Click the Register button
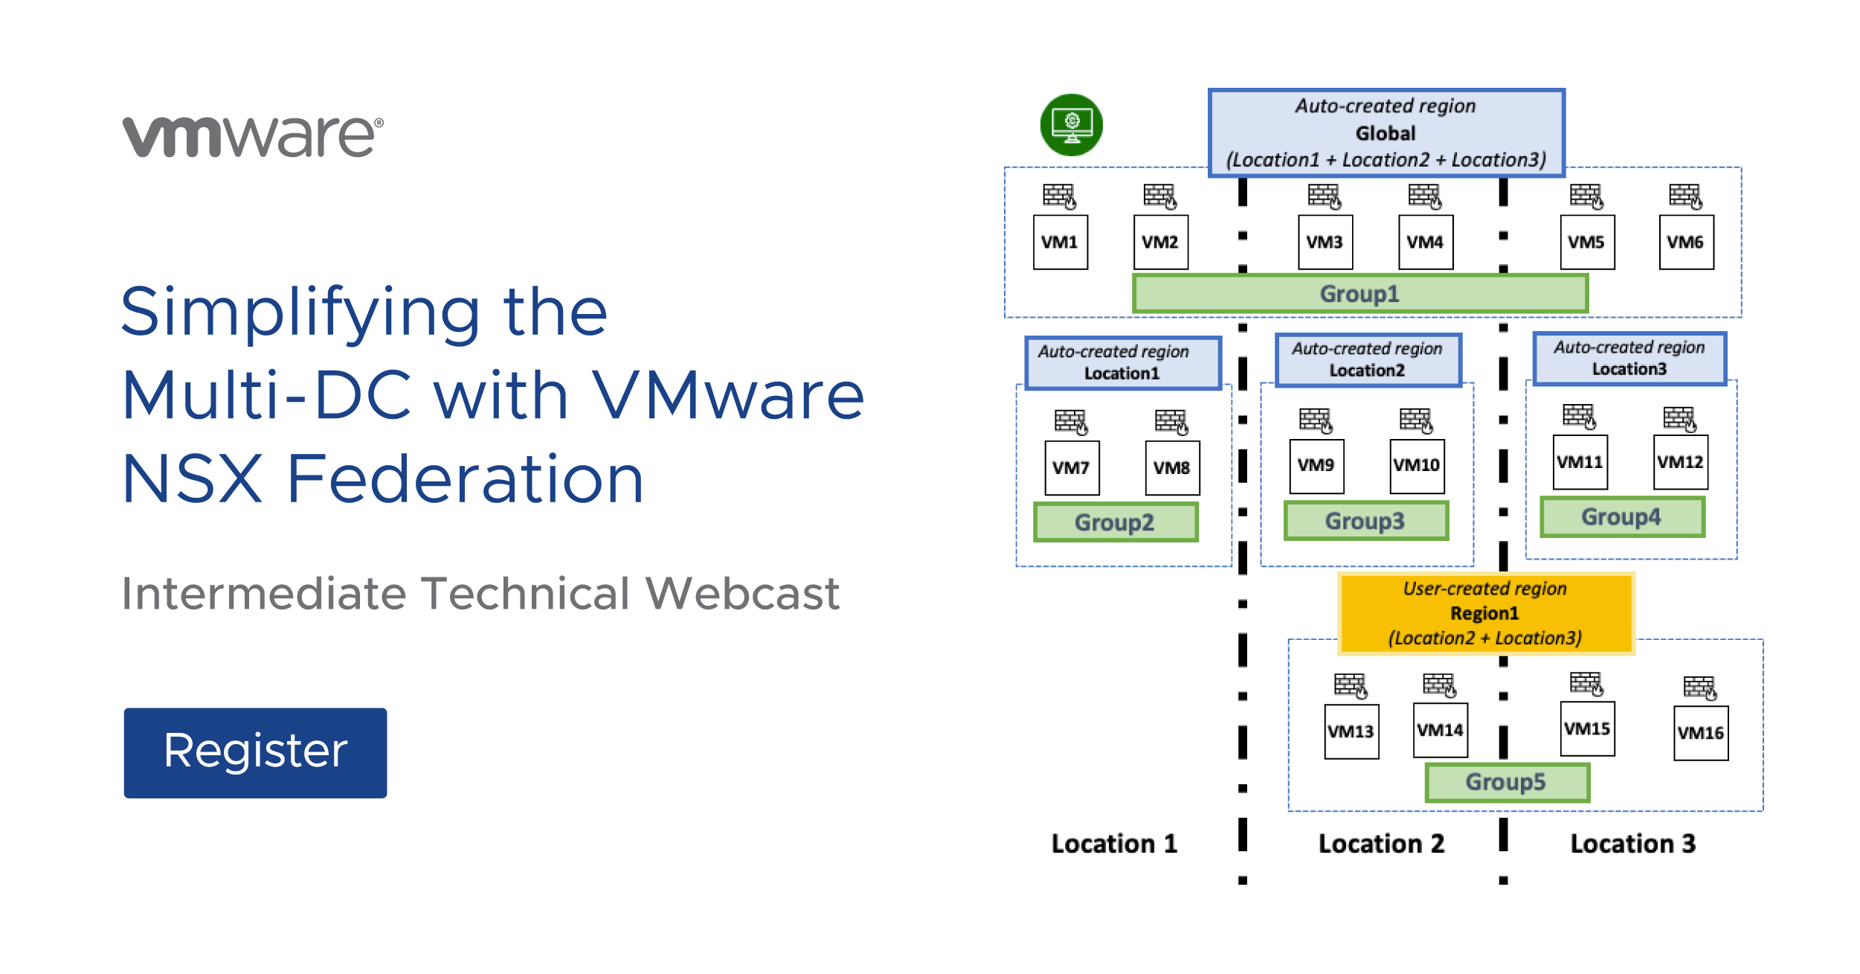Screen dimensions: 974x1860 click(255, 752)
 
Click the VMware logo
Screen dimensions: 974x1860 click(253, 136)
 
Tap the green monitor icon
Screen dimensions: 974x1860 click(1071, 124)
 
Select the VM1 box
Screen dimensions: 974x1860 click(1060, 242)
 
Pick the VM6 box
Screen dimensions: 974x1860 click(1686, 242)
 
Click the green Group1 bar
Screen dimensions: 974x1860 click(1359, 294)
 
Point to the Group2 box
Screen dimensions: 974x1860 click(1115, 522)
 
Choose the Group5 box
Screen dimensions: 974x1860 click(1506, 782)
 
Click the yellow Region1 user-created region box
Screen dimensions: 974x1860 click(1485, 613)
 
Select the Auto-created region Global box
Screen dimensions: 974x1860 click(1386, 133)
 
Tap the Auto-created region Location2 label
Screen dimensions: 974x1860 click(1368, 360)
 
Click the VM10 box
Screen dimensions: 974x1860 click(1417, 466)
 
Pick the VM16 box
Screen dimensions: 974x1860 click(1700, 733)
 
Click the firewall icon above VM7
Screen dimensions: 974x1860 click(1071, 422)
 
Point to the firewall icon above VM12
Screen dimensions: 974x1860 click(1679, 419)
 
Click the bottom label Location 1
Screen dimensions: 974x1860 click(1114, 844)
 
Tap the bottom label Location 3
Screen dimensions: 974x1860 click(1633, 844)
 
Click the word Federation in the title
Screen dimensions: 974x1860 click(465, 480)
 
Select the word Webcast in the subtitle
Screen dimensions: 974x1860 click(742, 594)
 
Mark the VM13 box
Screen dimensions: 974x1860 click(1351, 731)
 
